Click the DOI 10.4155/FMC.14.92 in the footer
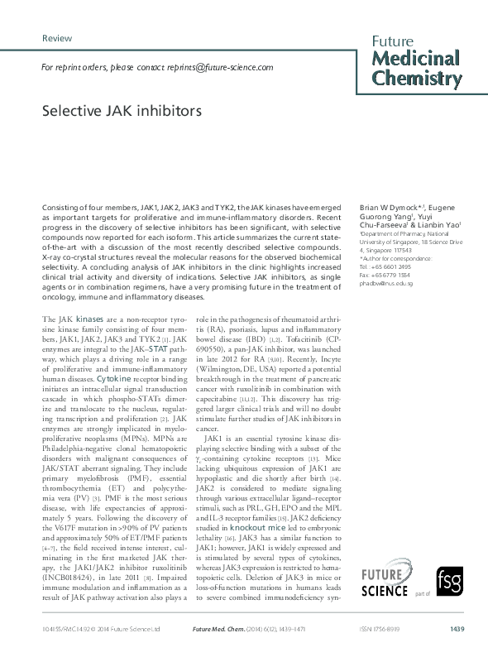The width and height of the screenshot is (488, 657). [62, 629]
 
